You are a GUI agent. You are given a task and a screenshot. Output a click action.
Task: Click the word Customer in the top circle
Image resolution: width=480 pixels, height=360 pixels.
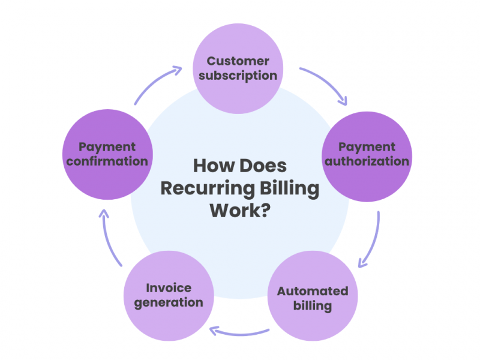click(x=238, y=61)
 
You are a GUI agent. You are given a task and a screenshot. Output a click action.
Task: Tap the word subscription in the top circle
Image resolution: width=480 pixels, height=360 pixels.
click(x=238, y=76)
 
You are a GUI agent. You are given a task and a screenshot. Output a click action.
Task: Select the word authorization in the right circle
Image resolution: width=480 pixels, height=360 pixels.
click(x=367, y=161)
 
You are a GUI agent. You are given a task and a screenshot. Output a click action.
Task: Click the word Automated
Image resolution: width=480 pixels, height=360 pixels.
click(x=313, y=291)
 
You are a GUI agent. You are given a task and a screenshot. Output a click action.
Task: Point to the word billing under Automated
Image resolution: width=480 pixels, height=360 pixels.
click(x=313, y=305)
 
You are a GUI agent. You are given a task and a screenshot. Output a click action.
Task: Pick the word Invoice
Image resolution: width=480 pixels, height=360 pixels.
click(x=169, y=287)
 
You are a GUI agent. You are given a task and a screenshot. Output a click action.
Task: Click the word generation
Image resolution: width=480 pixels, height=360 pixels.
click(x=169, y=302)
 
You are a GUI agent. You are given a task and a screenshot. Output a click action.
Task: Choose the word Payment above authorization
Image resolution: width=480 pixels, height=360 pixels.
click(x=367, y=146)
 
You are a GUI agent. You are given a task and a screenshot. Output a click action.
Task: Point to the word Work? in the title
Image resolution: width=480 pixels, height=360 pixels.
click(x=238, y=211)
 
